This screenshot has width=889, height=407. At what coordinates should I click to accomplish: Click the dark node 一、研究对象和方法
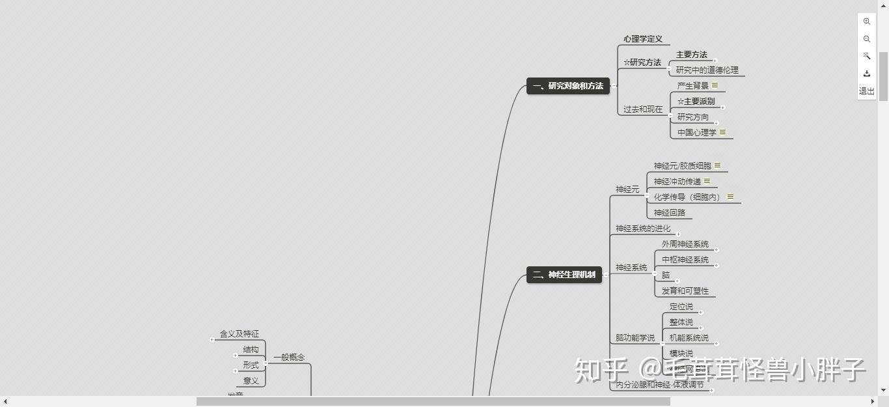568,86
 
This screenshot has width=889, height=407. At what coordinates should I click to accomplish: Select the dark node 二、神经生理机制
564,275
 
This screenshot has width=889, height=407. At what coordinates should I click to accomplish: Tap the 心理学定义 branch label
642,39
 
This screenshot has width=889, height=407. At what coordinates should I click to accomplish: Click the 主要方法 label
691,55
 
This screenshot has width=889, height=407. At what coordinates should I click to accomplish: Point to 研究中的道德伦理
707,70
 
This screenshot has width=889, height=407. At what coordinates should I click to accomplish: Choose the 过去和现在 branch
642,109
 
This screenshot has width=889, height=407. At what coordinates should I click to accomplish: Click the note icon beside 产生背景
715,85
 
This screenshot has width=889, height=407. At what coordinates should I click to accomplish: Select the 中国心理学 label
696,132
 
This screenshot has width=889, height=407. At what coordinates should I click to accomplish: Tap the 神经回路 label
669,213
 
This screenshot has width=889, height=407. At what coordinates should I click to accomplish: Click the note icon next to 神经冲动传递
707,181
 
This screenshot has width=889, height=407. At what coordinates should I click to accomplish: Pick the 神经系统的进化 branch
642,229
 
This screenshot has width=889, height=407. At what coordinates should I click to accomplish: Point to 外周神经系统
685,244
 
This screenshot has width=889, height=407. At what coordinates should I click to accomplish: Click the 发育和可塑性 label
685,291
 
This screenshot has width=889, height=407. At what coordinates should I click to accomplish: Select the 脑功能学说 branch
635,338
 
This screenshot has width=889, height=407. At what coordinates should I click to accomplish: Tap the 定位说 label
681,307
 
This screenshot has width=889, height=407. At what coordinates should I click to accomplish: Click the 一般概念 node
288,357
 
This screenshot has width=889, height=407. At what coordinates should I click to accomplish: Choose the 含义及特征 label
239,334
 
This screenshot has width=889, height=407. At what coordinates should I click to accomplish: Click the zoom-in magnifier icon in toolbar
866,21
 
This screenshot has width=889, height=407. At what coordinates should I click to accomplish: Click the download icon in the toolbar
866,74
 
